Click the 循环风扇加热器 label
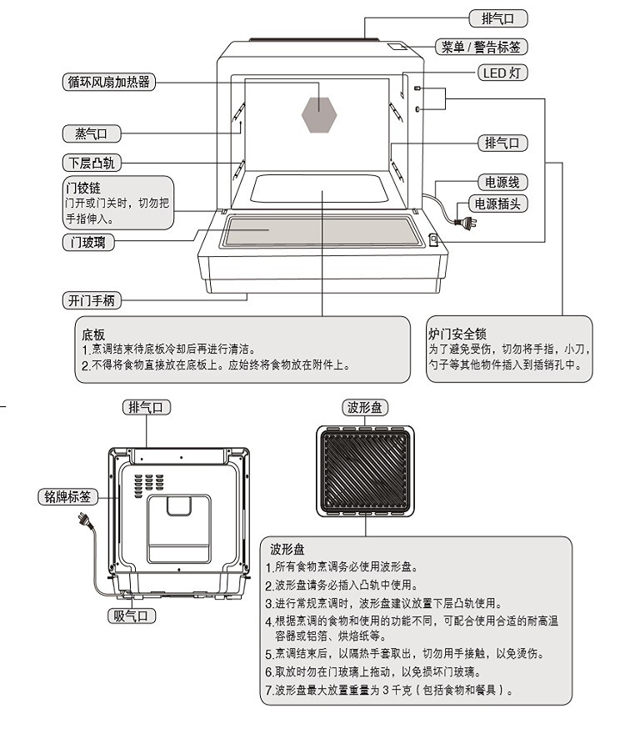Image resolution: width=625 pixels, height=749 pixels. [110, 82]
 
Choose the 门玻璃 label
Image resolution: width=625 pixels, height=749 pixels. [88, 242]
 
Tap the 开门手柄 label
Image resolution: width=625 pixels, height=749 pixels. [92, 300]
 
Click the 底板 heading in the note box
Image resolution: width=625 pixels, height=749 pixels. [93, 334]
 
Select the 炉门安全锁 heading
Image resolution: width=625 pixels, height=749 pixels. [457, 334]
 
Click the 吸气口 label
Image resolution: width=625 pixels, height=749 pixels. [132, 616]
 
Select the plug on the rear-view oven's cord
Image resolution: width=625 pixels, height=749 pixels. [83, 521]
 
